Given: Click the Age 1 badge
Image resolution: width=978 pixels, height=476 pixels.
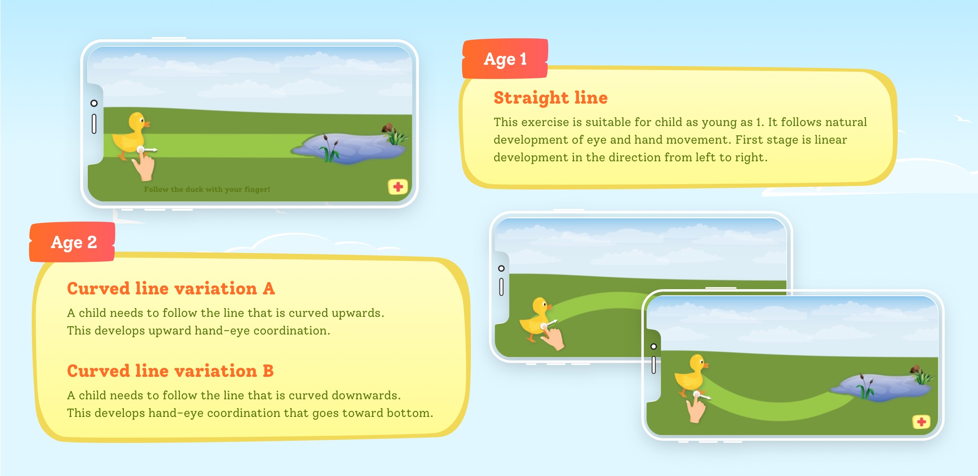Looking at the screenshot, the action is [x=505, y=59].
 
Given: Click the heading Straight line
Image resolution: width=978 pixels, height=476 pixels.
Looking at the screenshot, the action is [x=551, y=98].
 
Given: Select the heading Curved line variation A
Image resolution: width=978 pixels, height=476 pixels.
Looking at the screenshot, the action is [x=171, y=289].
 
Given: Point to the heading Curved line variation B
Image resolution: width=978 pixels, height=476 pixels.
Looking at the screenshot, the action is [x=171, y=371].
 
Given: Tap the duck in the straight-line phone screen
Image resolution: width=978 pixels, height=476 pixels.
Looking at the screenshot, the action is [x=131, y=135].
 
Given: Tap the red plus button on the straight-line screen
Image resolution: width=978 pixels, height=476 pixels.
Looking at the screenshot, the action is [x=398, y=187].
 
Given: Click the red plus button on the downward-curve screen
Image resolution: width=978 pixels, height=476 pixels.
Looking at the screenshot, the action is [x=921, y=422].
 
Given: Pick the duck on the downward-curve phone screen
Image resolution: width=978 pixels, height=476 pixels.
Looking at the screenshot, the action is [x=691, y=375].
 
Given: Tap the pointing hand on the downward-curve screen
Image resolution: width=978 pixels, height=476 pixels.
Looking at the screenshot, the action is [x=697, y=407].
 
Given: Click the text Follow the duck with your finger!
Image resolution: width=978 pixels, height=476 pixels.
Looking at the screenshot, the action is [x=207, y=190].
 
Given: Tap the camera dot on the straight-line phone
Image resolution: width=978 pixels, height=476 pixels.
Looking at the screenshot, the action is [x=94, y=103].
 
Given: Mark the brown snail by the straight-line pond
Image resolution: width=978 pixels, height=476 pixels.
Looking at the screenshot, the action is [x=388, y=128].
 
